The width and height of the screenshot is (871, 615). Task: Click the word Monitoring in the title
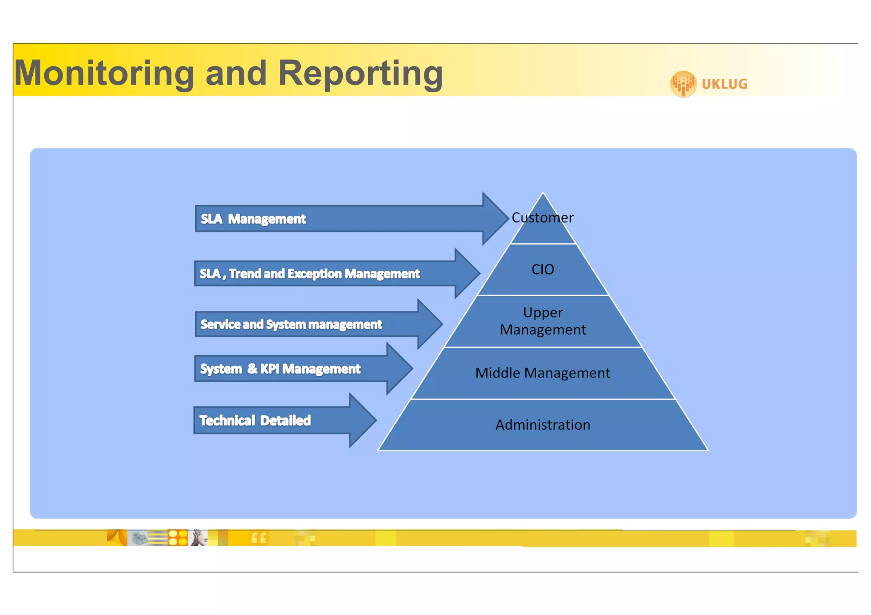point(104,73)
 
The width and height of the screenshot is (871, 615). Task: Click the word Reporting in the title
point(360,73)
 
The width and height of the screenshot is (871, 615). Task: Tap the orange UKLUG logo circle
point(683,84)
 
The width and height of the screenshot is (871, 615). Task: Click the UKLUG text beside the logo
point(724,84)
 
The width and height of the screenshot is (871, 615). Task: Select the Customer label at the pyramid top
point(542,218)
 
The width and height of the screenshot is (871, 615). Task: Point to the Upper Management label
point(543,321)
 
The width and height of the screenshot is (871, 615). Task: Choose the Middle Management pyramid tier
point(543,373)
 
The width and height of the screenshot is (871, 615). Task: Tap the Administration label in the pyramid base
point(543,425)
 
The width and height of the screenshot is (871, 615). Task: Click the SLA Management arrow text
point(253,219)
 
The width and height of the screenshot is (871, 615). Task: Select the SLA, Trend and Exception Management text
point(310,274)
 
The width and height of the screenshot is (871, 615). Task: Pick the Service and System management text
point(291,324)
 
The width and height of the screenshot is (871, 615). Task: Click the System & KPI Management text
point(280,368)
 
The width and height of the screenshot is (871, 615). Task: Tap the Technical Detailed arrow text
point(255,420)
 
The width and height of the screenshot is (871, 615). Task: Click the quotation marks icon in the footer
point(259,538)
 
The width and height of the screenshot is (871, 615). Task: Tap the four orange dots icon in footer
point(178,538)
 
